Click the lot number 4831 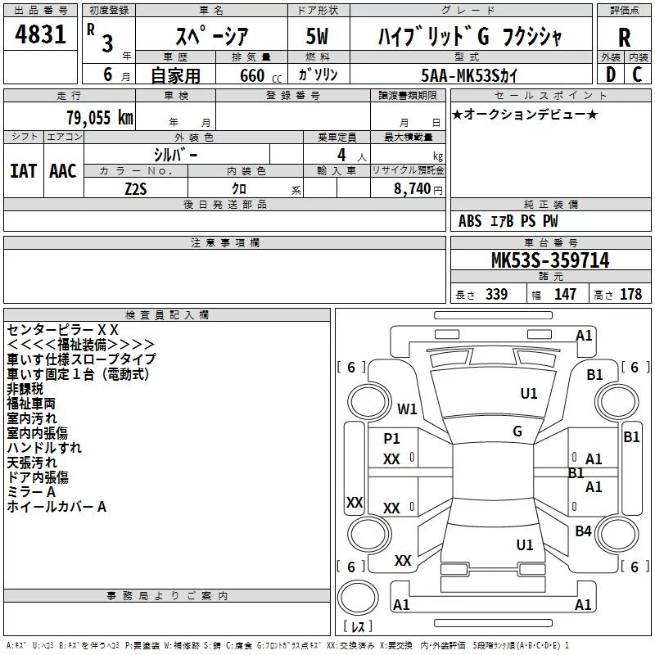[x=40, y=34]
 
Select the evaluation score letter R [x=624, y=38]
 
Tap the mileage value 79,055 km [x=100, y=117]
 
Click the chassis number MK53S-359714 [x=550, y=260]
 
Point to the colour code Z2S [x=136, y=189]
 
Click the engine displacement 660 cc [x=260, y=75]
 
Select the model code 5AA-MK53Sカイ [x=469, y=75]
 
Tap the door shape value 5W [x=317, y=36]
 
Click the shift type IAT [x=24, y=171]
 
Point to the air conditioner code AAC [x=63, y=171]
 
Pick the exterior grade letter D [x=611, y=75]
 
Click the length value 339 [x=496, y=294]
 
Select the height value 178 [x=630, y=294]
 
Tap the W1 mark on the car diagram [x=407, y=409]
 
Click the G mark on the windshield [x=517, y=431]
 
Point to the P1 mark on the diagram [x=391, y=438]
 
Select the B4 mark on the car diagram [x=583, y=531]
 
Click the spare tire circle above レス [x=358, y=598]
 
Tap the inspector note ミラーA [x=31, y=492]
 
